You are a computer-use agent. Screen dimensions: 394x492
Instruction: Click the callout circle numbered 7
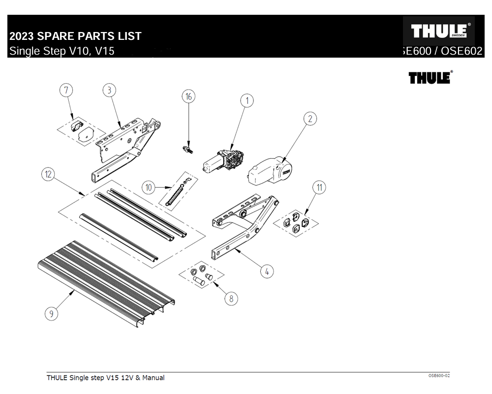point(66,90)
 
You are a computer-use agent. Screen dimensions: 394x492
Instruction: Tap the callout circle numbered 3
point(109,90)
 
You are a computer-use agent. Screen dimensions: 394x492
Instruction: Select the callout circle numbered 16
point(188,96)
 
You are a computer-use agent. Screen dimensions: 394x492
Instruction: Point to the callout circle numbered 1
point(246,101)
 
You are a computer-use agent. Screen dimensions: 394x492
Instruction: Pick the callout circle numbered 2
point(310,119)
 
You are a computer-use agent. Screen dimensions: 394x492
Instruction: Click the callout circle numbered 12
point(48,174)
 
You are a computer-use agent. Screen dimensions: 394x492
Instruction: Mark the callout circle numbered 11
point(319,187)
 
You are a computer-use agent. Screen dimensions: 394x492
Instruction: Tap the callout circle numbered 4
point(266,271)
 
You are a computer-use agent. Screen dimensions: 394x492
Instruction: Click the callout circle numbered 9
point(51,313)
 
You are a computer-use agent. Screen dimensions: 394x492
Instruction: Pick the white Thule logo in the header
point(438,31)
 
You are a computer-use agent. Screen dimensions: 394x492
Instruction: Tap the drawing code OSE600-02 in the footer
point(439,376)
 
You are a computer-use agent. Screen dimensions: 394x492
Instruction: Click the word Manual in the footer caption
point(153,378)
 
